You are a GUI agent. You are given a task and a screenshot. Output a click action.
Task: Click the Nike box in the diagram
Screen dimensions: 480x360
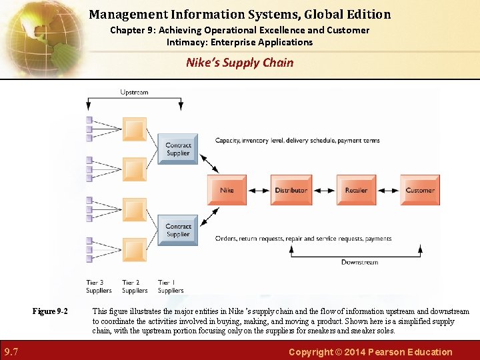227,190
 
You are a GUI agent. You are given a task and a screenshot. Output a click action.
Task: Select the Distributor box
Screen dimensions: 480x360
291,190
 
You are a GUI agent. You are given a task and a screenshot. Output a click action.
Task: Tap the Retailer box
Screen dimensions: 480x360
356,190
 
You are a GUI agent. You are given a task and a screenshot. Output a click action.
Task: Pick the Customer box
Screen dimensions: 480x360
420,190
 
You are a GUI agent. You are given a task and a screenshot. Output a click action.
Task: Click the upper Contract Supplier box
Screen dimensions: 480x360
178,149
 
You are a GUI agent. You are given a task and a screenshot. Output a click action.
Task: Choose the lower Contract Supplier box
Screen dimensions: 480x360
178,230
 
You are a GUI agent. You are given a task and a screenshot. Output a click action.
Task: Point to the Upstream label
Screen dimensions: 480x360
135,92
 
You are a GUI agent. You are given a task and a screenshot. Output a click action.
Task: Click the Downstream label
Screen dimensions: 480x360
359,262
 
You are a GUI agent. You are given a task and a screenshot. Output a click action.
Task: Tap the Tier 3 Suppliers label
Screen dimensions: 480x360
99,287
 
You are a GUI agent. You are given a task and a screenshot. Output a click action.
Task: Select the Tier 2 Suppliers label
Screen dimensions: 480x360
135,287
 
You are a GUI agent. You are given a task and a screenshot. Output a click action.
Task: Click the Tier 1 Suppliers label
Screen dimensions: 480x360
171,287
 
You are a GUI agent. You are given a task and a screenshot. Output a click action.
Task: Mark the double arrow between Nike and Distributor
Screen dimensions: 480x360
259,191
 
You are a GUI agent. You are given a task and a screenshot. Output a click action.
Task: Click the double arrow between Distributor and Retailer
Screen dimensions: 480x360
323,191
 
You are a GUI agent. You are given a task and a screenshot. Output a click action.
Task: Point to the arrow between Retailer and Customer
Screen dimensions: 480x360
388,191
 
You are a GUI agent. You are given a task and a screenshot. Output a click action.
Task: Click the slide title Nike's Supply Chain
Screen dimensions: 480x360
239,63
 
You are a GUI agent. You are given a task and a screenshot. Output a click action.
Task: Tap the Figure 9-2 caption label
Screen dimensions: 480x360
51,311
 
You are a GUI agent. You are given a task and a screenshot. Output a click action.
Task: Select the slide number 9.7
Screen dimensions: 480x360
11,351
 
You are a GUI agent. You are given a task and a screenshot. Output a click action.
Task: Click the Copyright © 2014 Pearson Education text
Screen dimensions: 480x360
370,351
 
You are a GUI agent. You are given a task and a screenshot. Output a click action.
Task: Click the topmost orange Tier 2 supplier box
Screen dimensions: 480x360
135,129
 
